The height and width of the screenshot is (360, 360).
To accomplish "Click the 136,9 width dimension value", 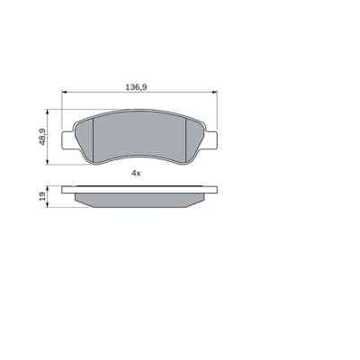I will (136, 88).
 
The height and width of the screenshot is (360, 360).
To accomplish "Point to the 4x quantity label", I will (136, 172).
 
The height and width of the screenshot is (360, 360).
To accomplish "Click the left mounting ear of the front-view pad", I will (65, 140).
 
